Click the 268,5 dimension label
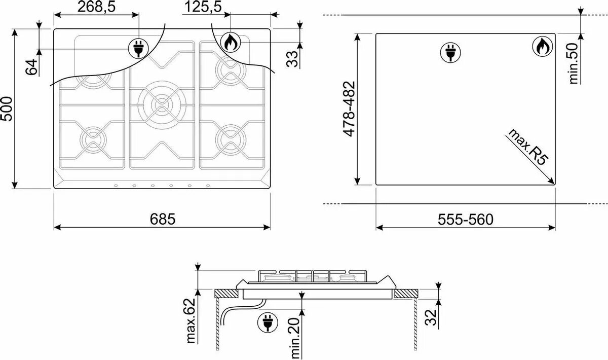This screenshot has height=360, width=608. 96,7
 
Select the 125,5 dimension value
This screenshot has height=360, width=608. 203,7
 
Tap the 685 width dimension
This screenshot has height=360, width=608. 163,219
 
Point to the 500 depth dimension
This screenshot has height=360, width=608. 7,109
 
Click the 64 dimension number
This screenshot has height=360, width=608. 31,67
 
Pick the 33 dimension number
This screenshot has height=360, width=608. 292,59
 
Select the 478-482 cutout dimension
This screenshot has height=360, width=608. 349,109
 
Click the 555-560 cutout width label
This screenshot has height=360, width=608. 466,219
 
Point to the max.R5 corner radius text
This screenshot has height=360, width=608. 527,147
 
